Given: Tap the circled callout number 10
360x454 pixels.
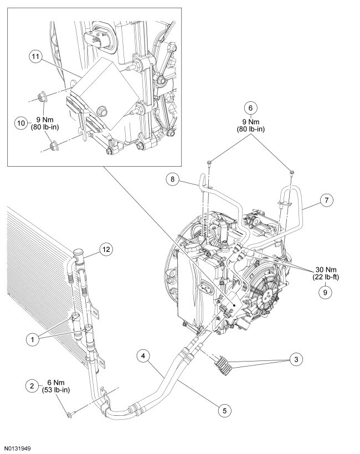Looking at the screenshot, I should (20, 123).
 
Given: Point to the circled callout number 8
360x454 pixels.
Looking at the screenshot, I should (172, 178).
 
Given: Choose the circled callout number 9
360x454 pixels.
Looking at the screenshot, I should (322, 289).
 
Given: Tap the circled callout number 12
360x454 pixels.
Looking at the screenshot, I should (106, 249).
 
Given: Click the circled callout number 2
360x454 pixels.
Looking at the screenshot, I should (33, 385).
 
